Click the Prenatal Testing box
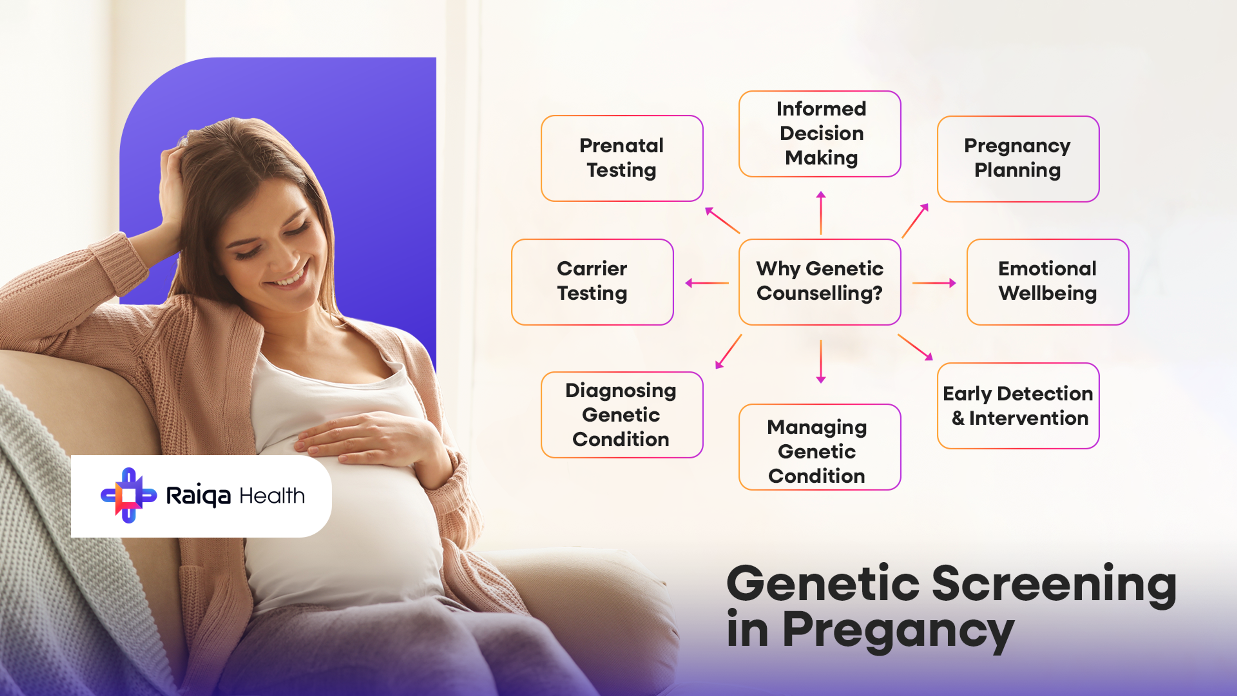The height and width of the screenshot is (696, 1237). [621, 158]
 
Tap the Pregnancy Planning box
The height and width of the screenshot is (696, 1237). [1018, 159]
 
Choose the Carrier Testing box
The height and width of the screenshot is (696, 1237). [592, 282]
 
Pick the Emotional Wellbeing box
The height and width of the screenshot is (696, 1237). [1047, 282]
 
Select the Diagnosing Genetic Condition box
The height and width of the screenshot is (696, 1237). [621, 414]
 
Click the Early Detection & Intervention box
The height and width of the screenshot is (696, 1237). [1018, 406]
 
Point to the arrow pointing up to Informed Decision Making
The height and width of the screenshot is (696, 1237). [821, 212]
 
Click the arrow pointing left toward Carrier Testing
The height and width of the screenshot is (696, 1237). [706, 283]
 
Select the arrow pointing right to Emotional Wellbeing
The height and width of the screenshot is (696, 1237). [934, 283]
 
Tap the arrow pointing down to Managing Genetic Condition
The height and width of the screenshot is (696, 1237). [821, 361]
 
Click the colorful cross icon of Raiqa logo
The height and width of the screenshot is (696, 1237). [128, 495]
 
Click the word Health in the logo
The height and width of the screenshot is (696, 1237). [272, 496]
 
